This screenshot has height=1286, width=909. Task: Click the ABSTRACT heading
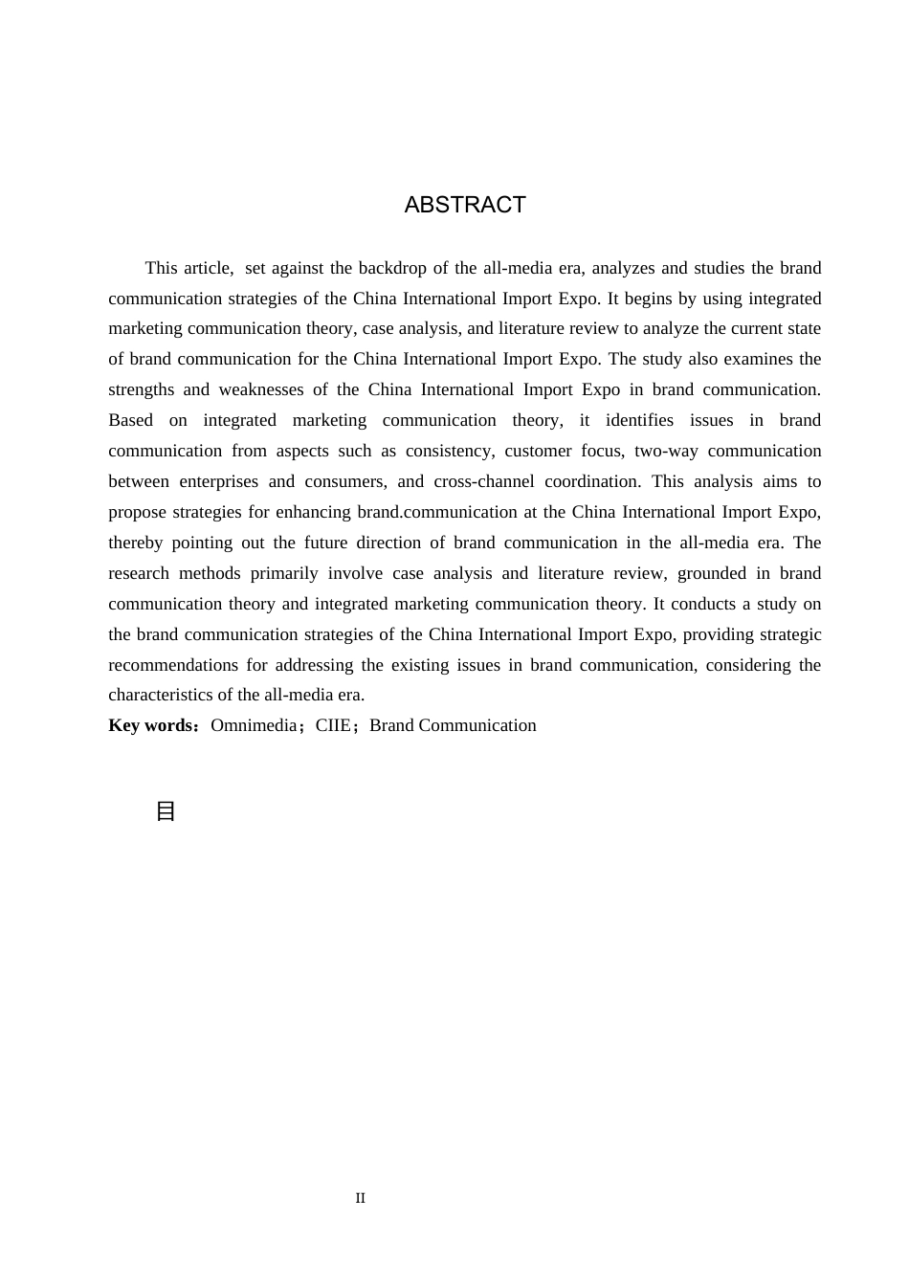pyautogui.click(x=465, y=205)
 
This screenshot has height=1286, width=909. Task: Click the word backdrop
pyautogui.click(x=392, y=268)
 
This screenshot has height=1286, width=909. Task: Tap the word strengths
pyautogui.click(x=142, y=389)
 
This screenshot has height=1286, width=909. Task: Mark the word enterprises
pyautogui.click(x=218, y=481)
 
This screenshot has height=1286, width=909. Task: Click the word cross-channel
pyautogui.click(x=476, y=481)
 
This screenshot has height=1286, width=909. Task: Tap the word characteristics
pyautogui.click(x=161, y=695)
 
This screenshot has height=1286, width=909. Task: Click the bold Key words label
pyautogui.click(x=151, y=725)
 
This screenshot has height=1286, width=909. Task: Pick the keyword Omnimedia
pyautogui.click(x=254, y=725)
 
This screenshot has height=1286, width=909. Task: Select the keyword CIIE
pyautogui.click(x=333, y=725)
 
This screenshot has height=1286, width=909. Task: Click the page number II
pyautogui.click(x=361, y=1198)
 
